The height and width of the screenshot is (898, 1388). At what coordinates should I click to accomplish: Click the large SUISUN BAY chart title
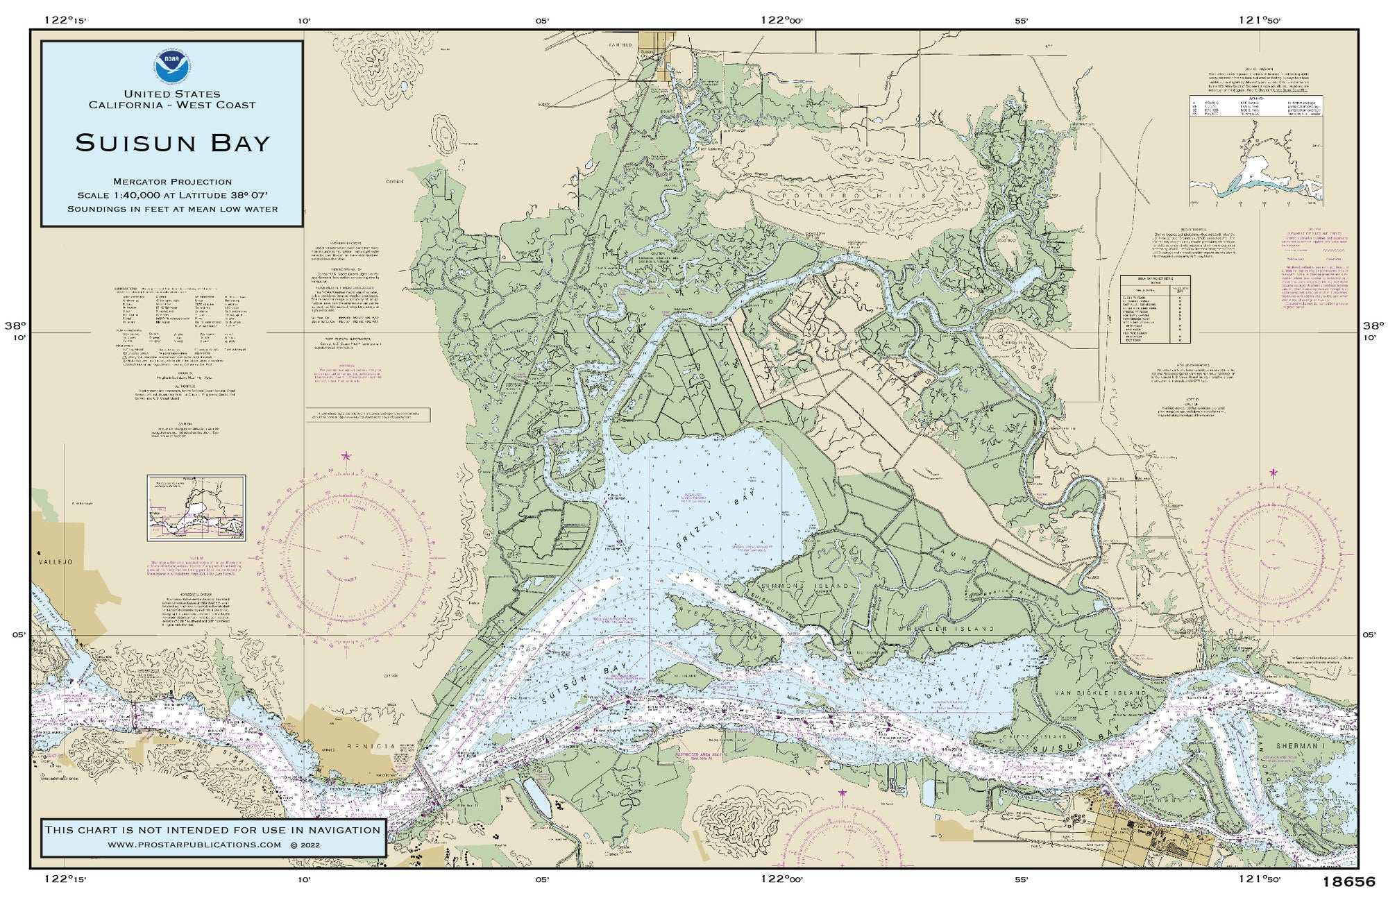click(172, 143)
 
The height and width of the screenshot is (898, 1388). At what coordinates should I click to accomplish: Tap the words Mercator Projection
click(172, 181)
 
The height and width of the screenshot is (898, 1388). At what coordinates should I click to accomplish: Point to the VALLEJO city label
click(56, 561)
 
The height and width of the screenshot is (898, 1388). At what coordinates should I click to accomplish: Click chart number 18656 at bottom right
click(1348, 883)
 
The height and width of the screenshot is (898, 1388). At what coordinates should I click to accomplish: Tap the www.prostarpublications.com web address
click(194, 845)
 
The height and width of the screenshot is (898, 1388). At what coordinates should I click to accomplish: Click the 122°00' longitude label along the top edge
click(781, 20)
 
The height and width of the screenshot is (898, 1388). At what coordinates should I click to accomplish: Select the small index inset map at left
click(196, 507)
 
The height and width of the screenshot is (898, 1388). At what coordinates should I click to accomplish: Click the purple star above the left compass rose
click(346, 456)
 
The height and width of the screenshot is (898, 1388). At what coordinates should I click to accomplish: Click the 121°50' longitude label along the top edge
click(1259, 20)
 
